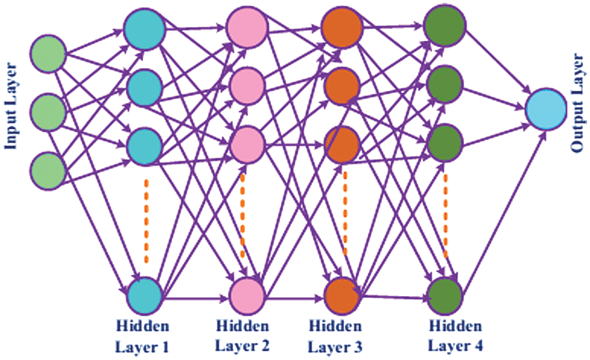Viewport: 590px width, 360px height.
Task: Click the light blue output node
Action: click(x=546, y=109)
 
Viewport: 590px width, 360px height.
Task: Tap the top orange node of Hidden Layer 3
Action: click(x=341, y=26)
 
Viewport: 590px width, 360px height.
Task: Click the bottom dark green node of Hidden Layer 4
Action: click(x=445, y=296)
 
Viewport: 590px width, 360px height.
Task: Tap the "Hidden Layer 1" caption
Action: click(x=142, y=336)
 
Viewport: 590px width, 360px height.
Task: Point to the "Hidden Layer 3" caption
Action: click(x=336, y=336)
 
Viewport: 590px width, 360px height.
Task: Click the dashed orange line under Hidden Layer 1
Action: click(x=147, y=221)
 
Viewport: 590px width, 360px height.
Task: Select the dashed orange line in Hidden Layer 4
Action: click(x=445, y=216)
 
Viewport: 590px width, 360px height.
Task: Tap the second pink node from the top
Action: click(x=247, y=84)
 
